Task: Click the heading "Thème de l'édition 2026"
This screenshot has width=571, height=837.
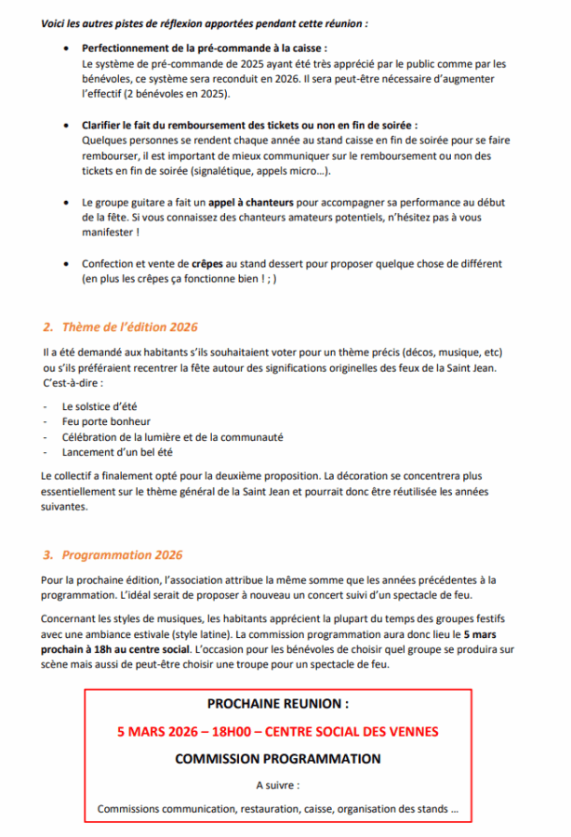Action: click(x=129, y=327)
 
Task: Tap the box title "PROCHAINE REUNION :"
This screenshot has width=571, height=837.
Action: click(x=278, y=705)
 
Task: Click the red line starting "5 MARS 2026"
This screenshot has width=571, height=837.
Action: click(x=278, y=732)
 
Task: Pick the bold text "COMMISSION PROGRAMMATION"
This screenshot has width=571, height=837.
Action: click(x=278, y=759)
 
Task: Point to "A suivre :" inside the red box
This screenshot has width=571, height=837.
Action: click(x=278, y=786)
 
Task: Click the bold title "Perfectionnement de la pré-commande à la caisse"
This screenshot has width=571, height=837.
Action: click(x=204, y=46)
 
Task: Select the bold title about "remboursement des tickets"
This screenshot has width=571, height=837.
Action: click(x=249, y=124)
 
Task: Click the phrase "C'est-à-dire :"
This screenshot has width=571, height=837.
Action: click(x=73, y=383)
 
